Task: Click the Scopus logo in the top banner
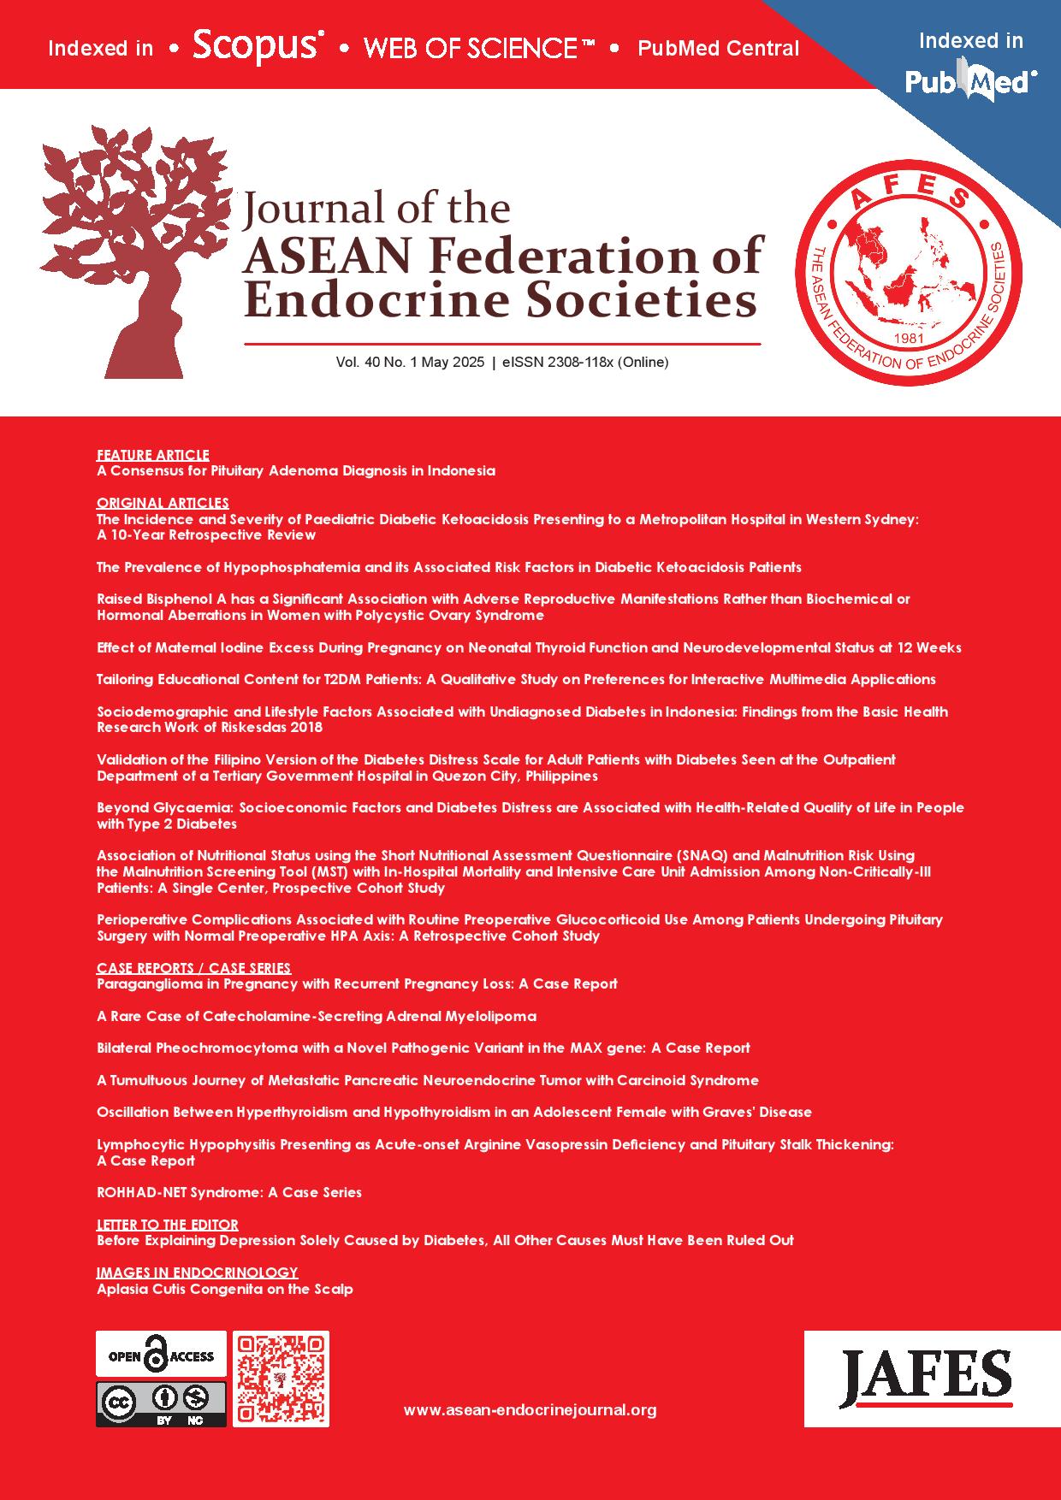pos(258,47)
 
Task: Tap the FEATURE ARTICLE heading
pos(152,455)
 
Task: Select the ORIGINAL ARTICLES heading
pos(163,503)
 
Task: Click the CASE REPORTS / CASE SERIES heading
pos(193,968)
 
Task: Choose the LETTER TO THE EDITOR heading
pos(167,1225)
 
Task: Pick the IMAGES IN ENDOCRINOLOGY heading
pos(197,1273)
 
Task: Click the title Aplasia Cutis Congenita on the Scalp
pos(224,1289)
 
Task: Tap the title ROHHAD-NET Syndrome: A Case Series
pos(228,1192)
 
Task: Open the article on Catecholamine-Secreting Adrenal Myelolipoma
pos(316,1016)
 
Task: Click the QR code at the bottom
pos(281,1379)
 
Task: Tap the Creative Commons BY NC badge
pos(161,1403)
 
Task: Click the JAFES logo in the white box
pos(925,1378)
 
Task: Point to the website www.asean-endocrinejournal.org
pos(530,1410)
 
